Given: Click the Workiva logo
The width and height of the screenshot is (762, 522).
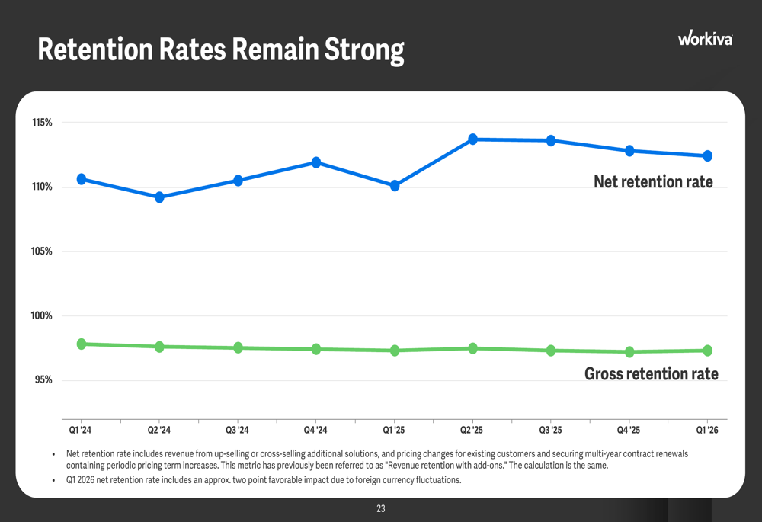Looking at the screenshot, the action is tap(705, 38).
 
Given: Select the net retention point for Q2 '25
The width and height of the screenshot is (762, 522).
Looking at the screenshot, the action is tap(473, 139).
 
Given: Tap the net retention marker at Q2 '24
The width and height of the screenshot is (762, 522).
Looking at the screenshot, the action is tap(159, 197).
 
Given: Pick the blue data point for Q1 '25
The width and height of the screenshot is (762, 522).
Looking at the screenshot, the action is tap(395, 186).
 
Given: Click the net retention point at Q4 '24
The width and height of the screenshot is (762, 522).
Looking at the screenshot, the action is tap(316, 162).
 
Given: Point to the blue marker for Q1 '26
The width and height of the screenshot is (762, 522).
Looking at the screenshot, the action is tap(708, 156).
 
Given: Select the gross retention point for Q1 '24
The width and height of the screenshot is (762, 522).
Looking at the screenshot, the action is tap(82, 344).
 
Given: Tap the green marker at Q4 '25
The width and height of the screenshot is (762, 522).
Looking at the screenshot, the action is tap(629, 352).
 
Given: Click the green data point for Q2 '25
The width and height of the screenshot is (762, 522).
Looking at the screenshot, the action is tap(473, 348).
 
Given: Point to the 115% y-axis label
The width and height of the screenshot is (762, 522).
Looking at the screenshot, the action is tap(42, 123).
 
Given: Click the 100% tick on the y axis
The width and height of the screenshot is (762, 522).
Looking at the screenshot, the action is tap(41, 316).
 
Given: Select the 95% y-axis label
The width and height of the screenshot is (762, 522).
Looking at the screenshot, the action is tap(43, 380).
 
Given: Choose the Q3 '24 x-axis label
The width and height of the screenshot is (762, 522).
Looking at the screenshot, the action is tap(237, 430).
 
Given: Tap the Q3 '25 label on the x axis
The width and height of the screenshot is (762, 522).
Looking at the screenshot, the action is tap(551, 430).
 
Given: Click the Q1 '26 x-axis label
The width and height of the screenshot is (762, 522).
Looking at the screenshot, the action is tap(707, 430).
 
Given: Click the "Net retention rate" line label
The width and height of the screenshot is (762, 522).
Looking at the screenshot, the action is tap(653, 182).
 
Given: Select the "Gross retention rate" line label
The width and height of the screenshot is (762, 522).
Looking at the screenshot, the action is tap(652, 373).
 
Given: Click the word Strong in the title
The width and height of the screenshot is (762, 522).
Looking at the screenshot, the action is tap(364, 50).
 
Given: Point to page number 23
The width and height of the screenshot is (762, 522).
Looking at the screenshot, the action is tap(381, 509).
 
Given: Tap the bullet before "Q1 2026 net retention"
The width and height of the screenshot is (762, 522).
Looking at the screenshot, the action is tap(53, 481).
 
